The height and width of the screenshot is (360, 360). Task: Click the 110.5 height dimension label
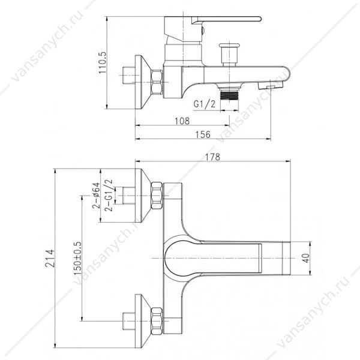(103, 62)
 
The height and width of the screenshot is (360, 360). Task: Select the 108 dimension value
(182, 121)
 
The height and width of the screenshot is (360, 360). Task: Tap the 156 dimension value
(203, 134)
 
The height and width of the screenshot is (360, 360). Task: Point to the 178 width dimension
(212, 157)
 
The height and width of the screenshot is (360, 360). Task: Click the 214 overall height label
(50, 258)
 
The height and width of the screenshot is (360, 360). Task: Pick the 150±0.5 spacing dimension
(77, 258)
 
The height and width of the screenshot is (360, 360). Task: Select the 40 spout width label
(306, 258)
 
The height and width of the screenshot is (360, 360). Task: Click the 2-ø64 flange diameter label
(96, 196)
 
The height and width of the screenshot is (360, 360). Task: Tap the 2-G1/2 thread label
(109, 195)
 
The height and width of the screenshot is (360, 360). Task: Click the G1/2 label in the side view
(205, 104)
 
